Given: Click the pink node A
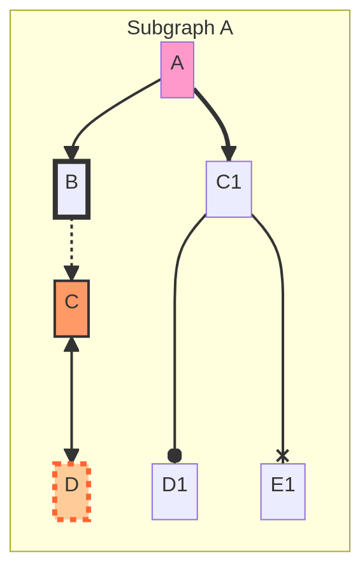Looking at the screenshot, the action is [x=177, y=70].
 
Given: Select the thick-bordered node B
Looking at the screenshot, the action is [x=72, y=189].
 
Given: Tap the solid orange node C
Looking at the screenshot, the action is [x=72, y=308].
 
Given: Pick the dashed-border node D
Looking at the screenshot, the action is [x=72, y=491].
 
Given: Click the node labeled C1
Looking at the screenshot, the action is [x=229, y=189].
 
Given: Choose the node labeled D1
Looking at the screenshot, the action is [x=175, y=491].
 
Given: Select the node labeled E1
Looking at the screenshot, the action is [x=283, y=491].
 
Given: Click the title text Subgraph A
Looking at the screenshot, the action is [x=180, y=28].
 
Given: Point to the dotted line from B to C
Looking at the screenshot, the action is [x=72, y=243].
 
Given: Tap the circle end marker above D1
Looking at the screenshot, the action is [x=175, y=456].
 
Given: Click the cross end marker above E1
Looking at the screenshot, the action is [x=282, y=456].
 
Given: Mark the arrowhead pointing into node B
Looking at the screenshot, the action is [x=72, y=153].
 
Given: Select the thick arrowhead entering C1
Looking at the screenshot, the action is [x=229, y=154].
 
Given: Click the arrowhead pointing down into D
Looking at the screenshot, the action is [x=72, y=456].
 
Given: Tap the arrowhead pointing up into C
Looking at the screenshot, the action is [x=72, y=345].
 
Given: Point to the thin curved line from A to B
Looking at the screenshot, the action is [x=108, y=110].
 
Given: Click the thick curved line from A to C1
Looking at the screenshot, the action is [x=217, y=115].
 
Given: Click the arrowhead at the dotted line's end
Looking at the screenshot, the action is [x=72, y=273].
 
